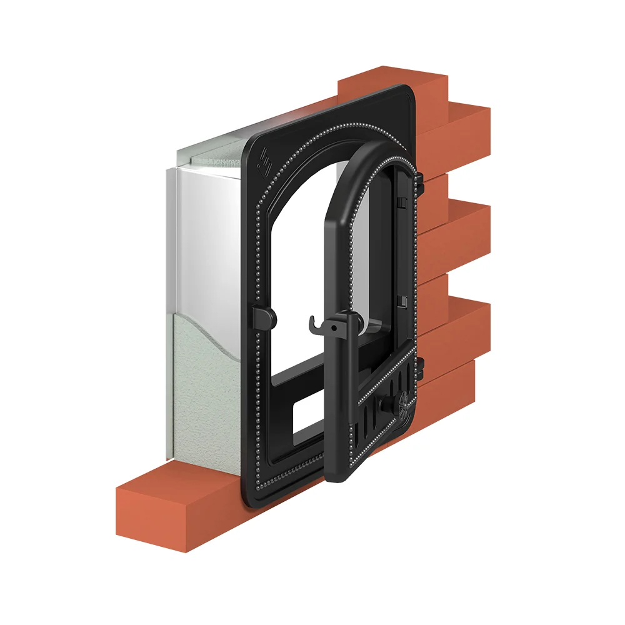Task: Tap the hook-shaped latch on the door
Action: tap(314, 324)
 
